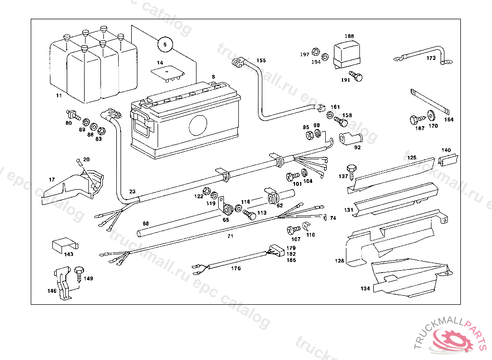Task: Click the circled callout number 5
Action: [x=165, y=45]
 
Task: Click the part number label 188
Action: [x=349, y=36]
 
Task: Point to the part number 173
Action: [x=431, y=58]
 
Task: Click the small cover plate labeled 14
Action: [x=167, y=72]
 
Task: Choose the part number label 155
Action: [x=261, y=60]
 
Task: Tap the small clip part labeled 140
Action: [x=447, y=160]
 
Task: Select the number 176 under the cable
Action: [x=235, y=269]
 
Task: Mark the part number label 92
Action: [x=357, y=147]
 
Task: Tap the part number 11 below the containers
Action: [x=59, y=96]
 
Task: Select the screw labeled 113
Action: [x=250, y=214]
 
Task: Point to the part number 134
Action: [x=365, y=289]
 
